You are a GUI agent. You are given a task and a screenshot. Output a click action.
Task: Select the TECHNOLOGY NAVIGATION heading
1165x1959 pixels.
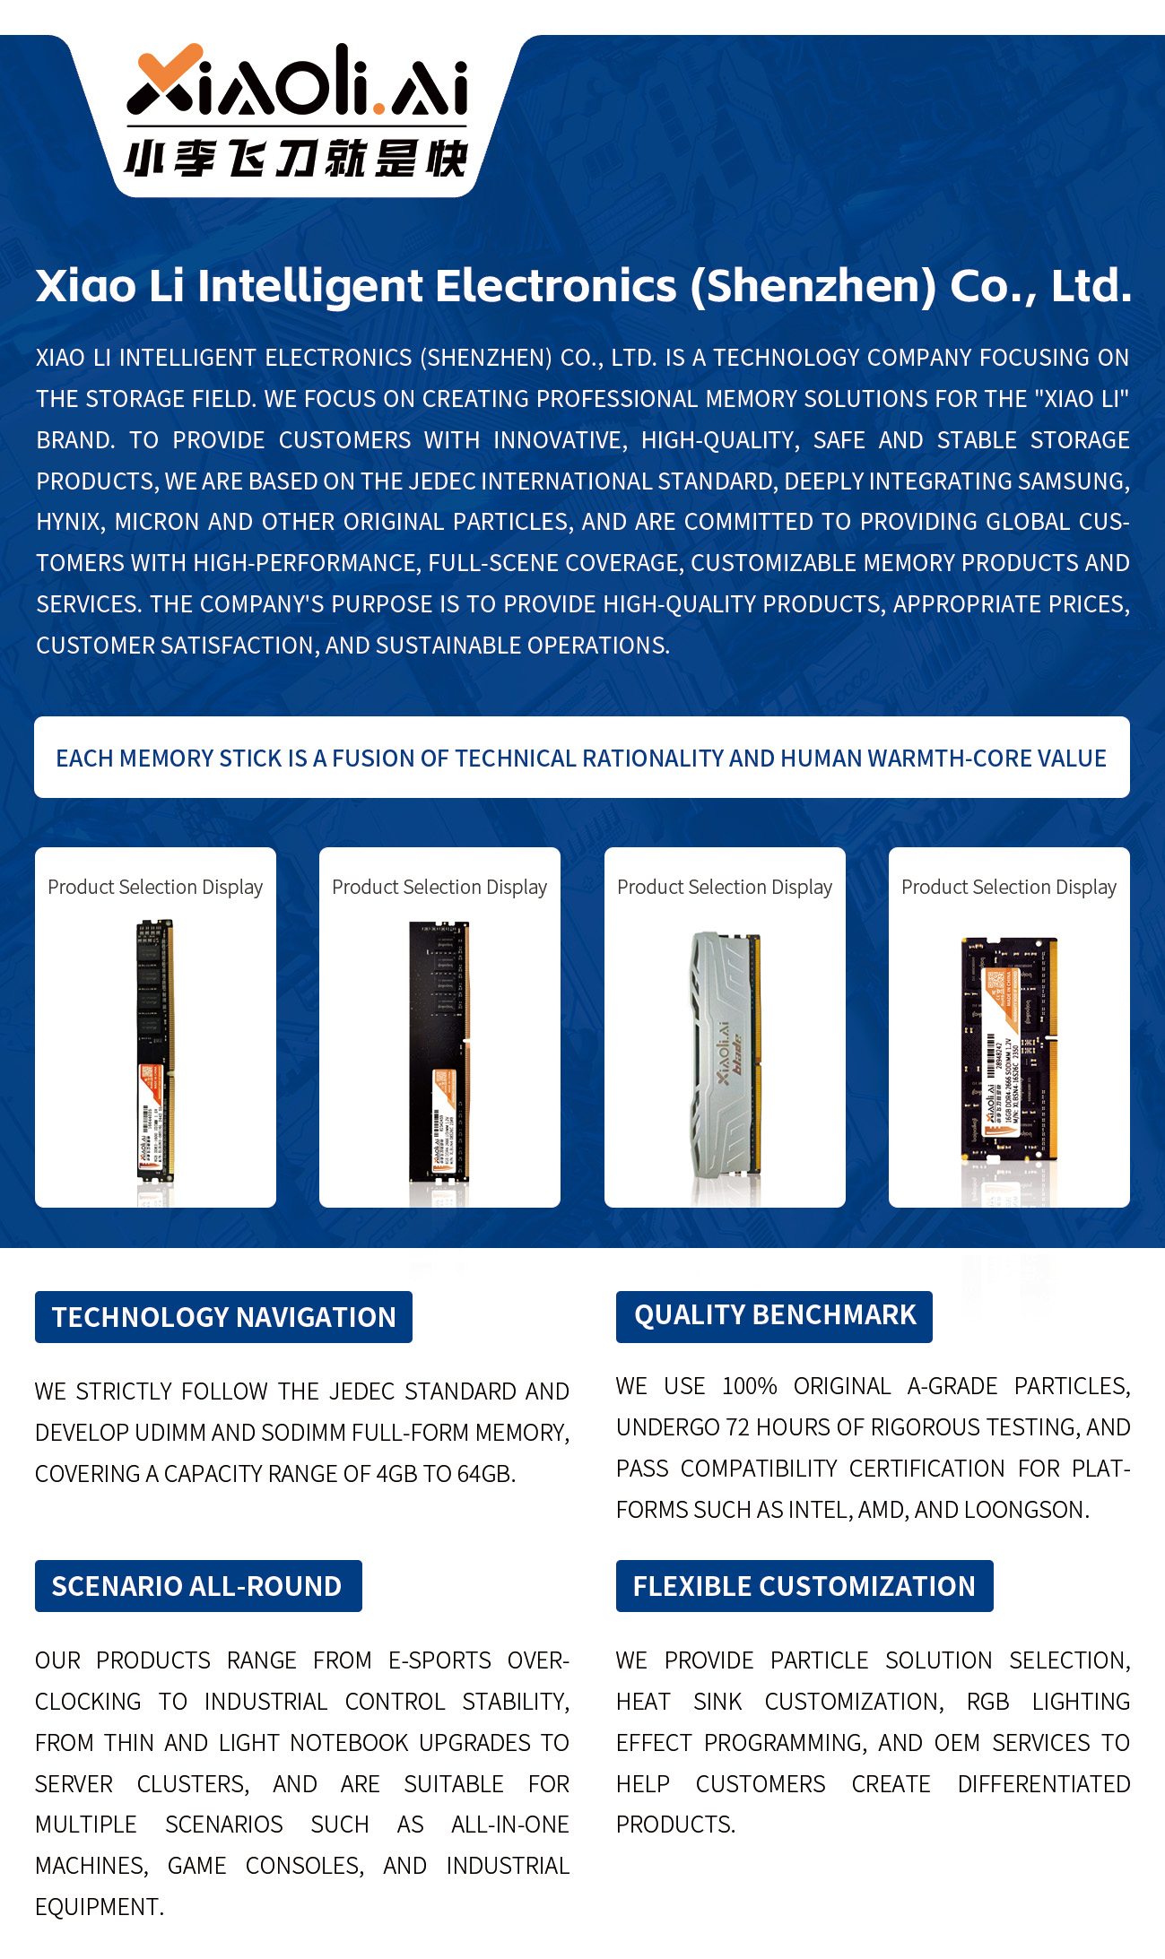(223, 1317)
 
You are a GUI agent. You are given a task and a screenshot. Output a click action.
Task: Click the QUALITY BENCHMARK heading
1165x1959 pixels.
(774, 1315)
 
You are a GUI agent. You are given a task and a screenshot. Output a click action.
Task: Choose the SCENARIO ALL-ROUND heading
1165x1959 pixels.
(197, 1586)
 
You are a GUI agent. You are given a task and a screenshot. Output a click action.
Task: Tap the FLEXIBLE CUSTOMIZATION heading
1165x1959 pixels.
(804, 1586)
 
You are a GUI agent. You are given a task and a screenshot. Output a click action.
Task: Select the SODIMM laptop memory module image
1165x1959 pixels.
(1009, 1049)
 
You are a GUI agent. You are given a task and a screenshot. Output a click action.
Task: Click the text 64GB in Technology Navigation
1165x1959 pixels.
(485, 1474)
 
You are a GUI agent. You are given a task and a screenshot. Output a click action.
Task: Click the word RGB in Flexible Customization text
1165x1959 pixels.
(987, 1702)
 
